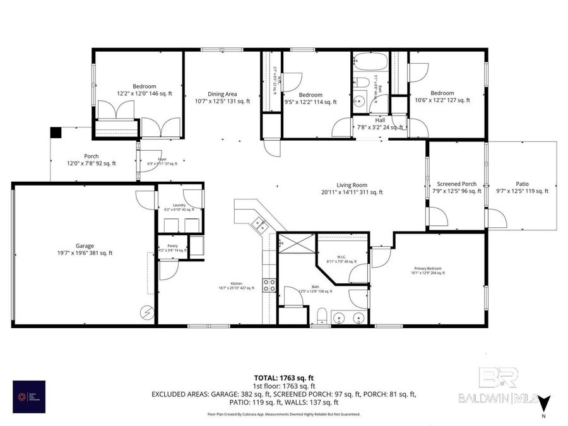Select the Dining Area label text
[222, 97]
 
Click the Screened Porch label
[457, 187]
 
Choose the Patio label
[522, 187]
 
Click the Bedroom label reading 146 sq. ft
[145, 90]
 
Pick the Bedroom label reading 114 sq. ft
[311, 98]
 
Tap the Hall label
[380, 123]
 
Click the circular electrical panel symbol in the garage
[147, 312]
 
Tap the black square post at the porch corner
[56, 133]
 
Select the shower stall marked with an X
[295, 243]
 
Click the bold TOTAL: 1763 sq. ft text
[283, 377]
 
